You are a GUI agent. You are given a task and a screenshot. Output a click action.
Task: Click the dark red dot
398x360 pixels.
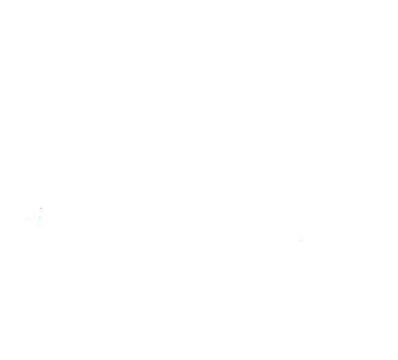[x=41, y=208]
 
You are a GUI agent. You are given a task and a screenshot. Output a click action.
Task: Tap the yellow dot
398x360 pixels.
[x=28, y=218]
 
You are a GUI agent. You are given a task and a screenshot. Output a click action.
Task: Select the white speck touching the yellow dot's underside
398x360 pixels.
[x=28, y=219]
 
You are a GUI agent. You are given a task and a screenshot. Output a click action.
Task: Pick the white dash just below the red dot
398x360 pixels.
[x=42, y=213]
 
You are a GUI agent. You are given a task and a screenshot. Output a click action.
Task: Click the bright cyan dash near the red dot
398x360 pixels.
[x=40, y=217]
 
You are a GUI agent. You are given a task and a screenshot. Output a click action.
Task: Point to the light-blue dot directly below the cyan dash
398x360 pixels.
[x=40, y=224]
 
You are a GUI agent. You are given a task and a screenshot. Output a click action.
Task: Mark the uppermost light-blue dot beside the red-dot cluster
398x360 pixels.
[x=34, y=213]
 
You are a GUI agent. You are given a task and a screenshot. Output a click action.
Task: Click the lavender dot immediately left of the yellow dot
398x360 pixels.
[x=25, y=218]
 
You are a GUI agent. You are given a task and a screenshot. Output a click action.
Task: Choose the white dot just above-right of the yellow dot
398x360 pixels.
[x=30, y=216]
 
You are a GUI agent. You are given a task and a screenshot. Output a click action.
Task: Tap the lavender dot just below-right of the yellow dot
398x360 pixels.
[x=29, y=220]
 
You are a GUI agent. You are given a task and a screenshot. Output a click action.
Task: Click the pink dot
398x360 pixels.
[x=302, y=237]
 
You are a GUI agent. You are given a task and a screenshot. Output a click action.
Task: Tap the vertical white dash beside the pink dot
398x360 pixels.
[x=301, y=238]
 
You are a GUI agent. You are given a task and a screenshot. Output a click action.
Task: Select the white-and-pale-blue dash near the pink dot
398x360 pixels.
[x=299, y=240]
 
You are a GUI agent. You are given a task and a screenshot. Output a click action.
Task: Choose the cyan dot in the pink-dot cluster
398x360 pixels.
[x=302, y=241]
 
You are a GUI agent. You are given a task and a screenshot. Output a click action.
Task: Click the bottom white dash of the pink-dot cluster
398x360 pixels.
[x=301, y=243]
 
